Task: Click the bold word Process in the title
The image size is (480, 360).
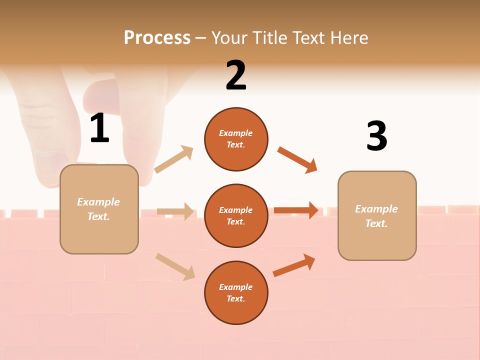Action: point(157,37)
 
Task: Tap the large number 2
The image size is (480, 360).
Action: point(236,75)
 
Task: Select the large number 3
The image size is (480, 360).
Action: point(376,136)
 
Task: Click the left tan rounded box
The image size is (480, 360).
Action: point(99,209)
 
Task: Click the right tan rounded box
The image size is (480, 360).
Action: point(377,216)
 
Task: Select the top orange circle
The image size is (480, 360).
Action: point(236,139)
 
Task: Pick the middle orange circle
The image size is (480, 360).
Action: point(236,216)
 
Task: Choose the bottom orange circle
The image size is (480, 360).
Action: point(236,293)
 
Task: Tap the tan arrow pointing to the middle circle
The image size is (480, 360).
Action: point(175,211)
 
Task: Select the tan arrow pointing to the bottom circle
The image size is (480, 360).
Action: point(175,266)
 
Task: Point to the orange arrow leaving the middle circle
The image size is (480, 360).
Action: point(296,210)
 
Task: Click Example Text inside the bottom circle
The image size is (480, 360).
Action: point(236,293)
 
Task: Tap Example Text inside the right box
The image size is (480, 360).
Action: point(376,216)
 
